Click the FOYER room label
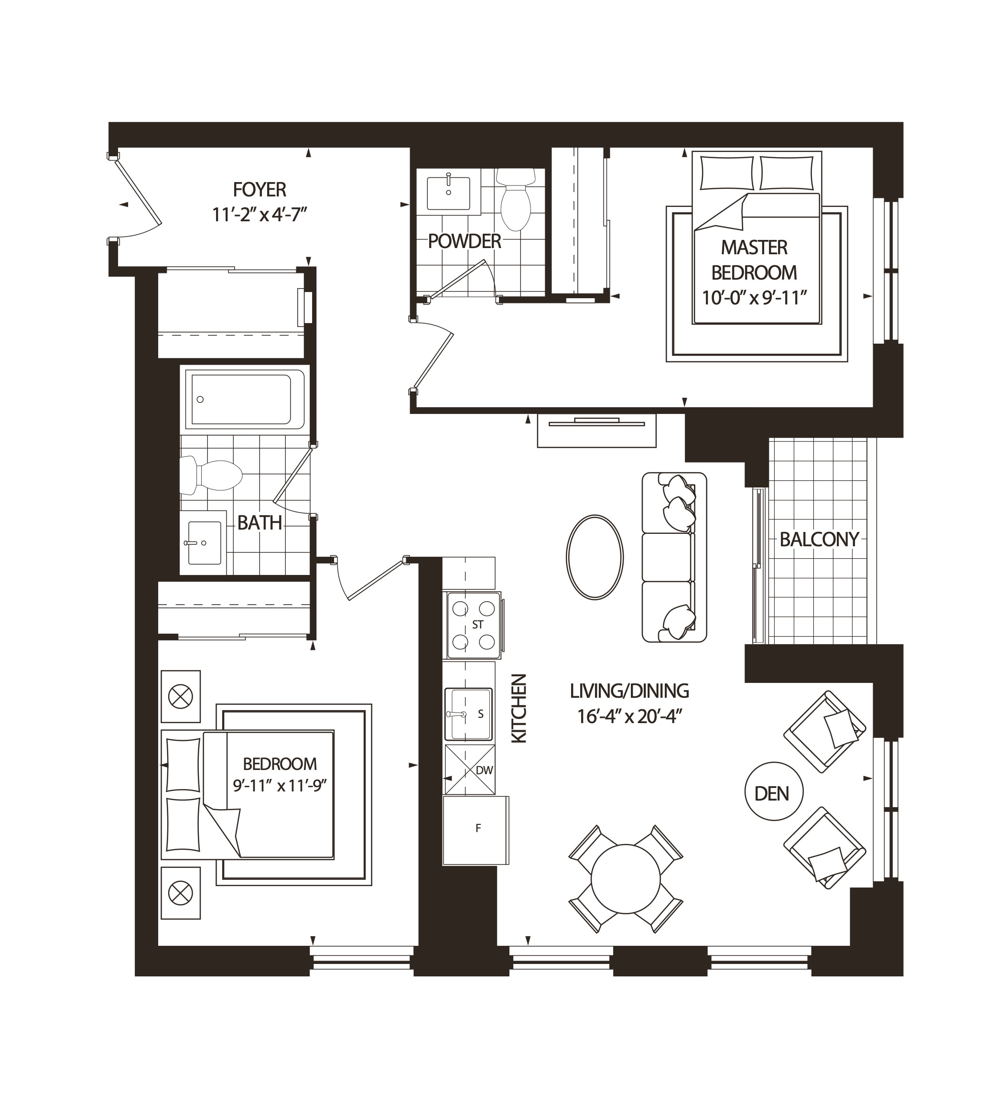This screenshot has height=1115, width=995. point(259,190)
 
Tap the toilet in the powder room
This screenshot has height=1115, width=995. point(516,200)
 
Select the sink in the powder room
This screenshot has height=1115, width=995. point(448,193)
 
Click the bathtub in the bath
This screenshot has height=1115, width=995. point(244,399)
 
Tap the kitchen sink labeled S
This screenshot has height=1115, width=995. point(468,714)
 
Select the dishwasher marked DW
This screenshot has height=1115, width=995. point(470,769)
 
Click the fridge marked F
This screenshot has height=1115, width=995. point(475,830)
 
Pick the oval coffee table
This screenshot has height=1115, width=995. point(594,557)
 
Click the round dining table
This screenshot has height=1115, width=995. point(626,879)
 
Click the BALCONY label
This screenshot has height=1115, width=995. point(819,540)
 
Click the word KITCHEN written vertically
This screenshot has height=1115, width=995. point(518,708)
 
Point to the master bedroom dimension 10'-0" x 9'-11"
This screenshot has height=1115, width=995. point(754,299)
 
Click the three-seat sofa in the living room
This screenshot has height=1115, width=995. point(673,557)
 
